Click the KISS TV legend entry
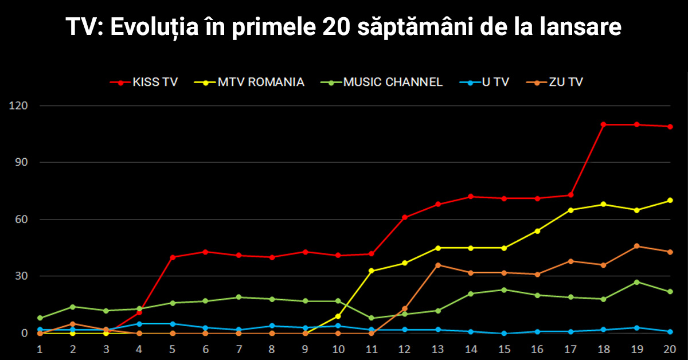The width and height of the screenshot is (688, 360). pyautogui.click(x=144, y=83)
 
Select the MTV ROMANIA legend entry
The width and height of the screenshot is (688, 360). pyautogui.click(x=249, y=83)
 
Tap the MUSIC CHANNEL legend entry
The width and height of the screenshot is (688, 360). pyautogui.click(x=381, y=83)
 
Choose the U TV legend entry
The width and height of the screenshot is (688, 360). pyautogui.click(x=484, y=83)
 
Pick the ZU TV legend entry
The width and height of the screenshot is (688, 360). pyautogui.click(x=554, y=83)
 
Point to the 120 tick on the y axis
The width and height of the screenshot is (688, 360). pyautogui.click(x=18, y=105)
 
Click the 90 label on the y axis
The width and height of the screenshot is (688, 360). pyautogui.click(x=22, y=162)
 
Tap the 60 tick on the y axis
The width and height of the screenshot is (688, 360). pyautogui.click(x=22, y=220)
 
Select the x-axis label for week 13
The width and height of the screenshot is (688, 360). pyautogui.click(x=437, y=349)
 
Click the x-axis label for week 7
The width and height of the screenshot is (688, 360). pyautogui.click(x=239, y=349)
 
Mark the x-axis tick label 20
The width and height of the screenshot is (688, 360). pyautogui.click(x=670, y=349)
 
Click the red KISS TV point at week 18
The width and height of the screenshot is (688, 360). pyautogui.click(x=604, y=124)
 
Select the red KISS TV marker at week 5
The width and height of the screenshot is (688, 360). pyautogui.click(x=173, y=257)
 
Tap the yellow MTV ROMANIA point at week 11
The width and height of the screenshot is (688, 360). pyautogui.click(x=372, y=271)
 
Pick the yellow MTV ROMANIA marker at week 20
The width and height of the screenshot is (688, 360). pyautogui.click(x=670, y=200)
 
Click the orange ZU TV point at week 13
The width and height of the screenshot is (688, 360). pyautogui.click(x=438, y=265)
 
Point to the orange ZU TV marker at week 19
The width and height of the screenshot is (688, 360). pyautogui.click(x=637, y=246)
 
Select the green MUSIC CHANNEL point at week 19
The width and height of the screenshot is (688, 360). pyautogui.click(x=637, y=282)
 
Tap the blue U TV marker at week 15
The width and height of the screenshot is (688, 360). pyautogui.click(x=504, y=333)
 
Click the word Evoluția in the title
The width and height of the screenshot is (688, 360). pyautogui.click(x=154, y=27)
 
